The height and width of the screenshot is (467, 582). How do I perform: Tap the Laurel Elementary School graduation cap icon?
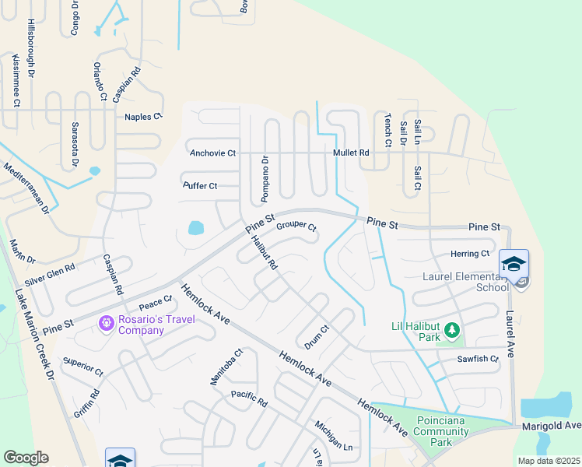click(514, 265)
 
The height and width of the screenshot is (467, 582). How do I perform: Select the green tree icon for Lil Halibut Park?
click(452, 332)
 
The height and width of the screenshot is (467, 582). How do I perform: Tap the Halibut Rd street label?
click(265, 254)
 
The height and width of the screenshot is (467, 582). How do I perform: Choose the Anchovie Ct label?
click(212, 153)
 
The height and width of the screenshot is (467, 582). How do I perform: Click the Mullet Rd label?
click(351, 153)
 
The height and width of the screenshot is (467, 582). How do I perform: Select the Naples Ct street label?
click(142, 117)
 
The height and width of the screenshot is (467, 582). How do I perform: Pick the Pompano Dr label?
click(265, 177)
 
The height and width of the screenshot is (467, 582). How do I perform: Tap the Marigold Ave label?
click(552, 425)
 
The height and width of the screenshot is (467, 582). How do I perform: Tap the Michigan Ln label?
click(334, 437)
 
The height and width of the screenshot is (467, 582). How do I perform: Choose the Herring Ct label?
click(470, 254)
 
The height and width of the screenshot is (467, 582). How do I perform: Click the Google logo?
click(26, 457)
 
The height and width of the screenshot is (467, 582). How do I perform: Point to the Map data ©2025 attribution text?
click(549, 461)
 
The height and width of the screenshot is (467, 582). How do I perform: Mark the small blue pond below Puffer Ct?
click(195, 228)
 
